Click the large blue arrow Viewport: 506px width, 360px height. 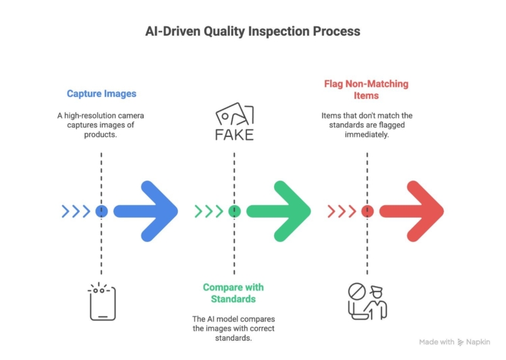coord(148,211)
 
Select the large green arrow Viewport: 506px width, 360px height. coord(280,211)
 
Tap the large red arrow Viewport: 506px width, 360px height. coord(414,211)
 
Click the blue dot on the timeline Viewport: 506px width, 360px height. coord(101,211)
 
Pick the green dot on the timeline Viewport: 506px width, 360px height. coord(234,211)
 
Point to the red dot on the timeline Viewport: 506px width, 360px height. coord(368,211)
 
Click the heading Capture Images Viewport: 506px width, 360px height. coord(101,94)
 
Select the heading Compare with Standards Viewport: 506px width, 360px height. coord(233,293)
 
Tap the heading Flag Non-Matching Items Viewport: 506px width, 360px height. coord(366,90)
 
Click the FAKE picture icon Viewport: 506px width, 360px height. coord(234,123)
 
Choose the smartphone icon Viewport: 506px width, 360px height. coord(101,303)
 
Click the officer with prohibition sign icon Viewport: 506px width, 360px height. coord(367,302)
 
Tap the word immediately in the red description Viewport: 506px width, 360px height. coord(366,134)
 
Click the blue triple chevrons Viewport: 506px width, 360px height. coord(76,211)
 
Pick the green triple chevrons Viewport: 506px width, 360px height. coord(209,211)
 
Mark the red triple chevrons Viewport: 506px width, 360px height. coord(342,211)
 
